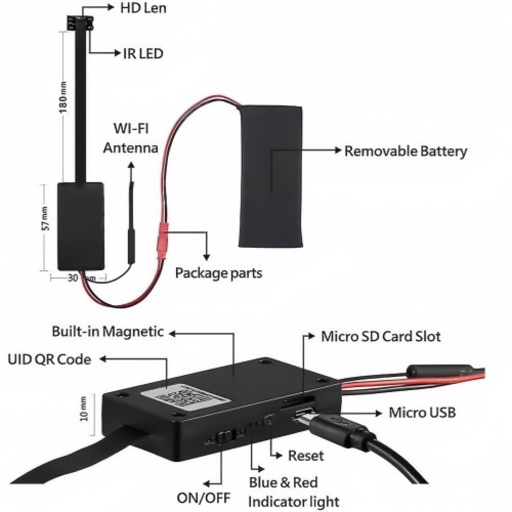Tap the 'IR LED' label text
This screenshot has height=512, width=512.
pos(142,53)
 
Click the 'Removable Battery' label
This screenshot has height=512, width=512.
pos(406,152)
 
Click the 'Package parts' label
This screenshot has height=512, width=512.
pos(219,273)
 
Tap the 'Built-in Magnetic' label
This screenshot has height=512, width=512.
pos(108,332)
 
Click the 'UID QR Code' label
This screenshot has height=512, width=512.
pos(49,359)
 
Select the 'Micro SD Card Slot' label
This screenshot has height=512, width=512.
pos(380,336)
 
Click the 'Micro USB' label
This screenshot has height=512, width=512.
pos(422,412)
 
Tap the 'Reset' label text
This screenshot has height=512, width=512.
pos(306,455)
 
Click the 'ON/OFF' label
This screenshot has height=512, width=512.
pos(203,497)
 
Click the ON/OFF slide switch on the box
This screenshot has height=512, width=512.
pos(224,437)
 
